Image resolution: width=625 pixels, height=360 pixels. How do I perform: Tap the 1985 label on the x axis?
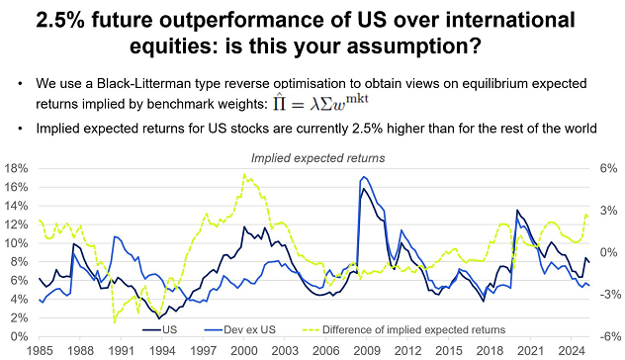click(x=40, y=349)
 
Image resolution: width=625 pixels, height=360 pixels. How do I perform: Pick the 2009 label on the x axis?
click(x=365, y=349)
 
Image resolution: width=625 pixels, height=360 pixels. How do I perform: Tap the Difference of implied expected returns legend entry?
click(x=411, y=329)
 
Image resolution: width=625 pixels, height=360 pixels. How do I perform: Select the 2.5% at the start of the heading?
click(x=66, y=19)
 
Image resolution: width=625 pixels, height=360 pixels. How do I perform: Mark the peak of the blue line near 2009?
click(x=364, y=177)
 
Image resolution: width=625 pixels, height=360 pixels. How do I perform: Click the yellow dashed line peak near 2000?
click(x=243, y=175)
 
